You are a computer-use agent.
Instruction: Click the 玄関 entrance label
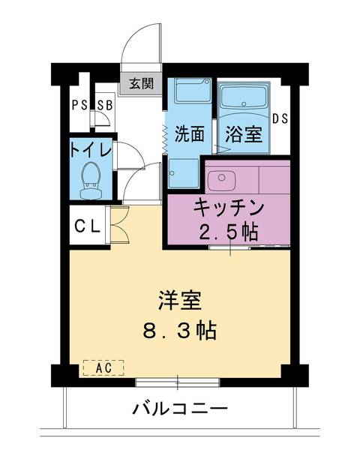tap(139, 83)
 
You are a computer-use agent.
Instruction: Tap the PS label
tap(79, 105)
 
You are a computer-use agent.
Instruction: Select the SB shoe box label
tap(103, 105)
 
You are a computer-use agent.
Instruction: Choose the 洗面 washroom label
tap(190, 135)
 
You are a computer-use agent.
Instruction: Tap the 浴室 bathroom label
tap(244, 135)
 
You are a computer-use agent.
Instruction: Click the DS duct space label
tap(280, 118)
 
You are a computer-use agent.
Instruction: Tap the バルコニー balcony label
tap(180, 409)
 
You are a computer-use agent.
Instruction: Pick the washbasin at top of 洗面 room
tap(190, 92)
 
